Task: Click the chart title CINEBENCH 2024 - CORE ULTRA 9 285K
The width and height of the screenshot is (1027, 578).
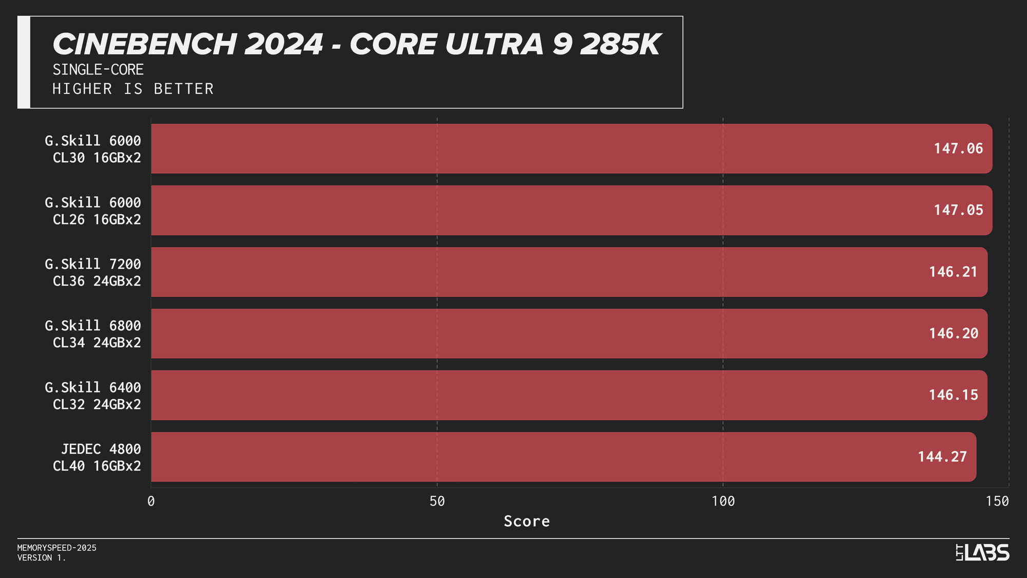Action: (356, 44)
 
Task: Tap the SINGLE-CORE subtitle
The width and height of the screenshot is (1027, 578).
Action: (98, 70)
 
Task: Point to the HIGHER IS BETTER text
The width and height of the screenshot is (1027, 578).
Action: (133, 89)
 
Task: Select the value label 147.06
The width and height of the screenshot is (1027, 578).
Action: (958, 148)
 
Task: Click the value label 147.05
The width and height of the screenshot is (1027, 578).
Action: (958, 210)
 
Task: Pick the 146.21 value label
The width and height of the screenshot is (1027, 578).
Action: (953, 272)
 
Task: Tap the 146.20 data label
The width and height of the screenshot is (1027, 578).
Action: (953, 333)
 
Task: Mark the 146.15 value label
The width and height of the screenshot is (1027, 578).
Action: (953, 395)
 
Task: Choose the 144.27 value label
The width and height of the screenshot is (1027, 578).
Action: (942, 457)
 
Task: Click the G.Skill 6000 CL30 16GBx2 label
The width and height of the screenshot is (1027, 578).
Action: (93, 149)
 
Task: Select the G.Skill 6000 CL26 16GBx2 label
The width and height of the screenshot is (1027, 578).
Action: (93, 211)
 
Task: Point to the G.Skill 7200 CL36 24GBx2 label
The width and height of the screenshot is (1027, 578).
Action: (93, 272)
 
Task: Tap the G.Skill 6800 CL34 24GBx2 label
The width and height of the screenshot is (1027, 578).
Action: (93, 334)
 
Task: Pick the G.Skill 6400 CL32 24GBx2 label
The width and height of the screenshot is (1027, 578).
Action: (93, 396)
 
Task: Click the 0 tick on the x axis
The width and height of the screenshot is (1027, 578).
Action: (151, 501)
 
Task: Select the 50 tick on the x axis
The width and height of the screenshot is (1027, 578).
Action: (437, 501)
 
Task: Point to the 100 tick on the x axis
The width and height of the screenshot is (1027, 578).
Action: (723, 501)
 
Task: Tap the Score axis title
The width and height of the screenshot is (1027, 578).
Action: (526, 521)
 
